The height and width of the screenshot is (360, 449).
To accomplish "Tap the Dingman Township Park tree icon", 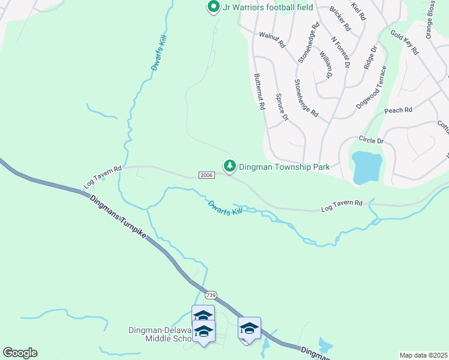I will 229,165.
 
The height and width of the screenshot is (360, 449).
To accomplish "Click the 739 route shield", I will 210,295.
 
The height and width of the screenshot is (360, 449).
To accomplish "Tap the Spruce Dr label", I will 282,107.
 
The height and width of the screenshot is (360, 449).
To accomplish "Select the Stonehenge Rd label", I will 306,97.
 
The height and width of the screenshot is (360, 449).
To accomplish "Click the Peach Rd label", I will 399,110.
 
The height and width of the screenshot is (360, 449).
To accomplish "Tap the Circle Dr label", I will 371,140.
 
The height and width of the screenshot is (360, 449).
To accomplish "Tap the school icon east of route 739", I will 249,329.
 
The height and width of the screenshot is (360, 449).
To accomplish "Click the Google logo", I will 20,353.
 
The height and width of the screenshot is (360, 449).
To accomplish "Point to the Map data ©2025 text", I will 423,355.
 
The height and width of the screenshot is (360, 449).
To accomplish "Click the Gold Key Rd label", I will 404,42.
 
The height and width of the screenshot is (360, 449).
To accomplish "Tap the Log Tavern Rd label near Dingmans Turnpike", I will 103,177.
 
